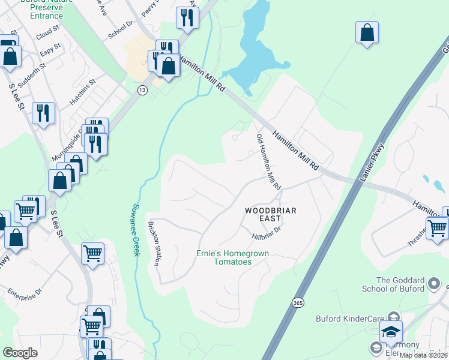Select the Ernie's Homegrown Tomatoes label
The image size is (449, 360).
[x=232, y=257]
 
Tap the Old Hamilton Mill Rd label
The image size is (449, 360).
[x=269, y=162]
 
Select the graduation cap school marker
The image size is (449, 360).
[x=391, y=332]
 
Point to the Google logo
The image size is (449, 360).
[x=20, y=353]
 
